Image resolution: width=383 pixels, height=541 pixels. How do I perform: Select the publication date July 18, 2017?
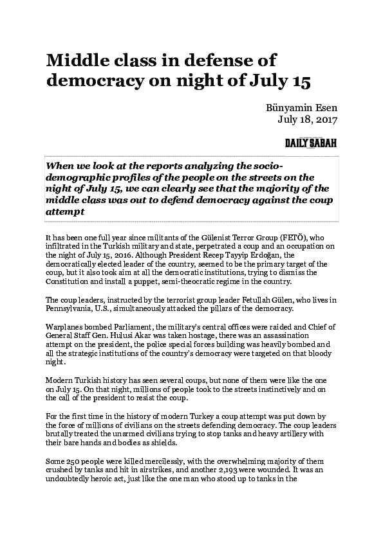point(308,119)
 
